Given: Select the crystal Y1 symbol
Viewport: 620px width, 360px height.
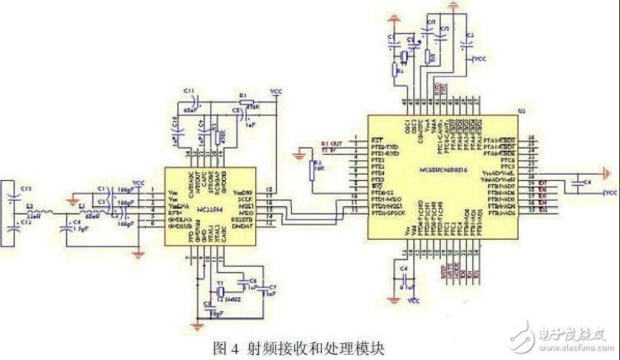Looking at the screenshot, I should (x=220, y=293).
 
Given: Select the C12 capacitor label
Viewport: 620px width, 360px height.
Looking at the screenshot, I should (x=25, y=221).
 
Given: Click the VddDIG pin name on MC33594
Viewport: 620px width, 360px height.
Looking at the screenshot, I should (x=243, y=191).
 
